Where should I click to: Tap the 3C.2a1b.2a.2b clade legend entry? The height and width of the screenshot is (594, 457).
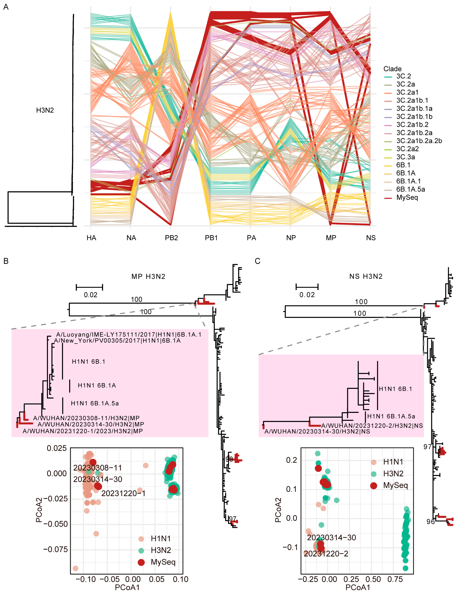[419, 141]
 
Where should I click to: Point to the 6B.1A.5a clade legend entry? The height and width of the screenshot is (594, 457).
[410, 189]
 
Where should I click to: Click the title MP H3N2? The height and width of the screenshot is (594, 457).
[148, 277]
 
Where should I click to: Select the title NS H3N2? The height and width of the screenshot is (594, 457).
[366, 277]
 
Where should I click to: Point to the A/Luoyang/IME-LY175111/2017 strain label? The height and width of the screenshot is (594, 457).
[129, 335]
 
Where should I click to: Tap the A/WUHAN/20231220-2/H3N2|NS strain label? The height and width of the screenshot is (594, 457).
[372, 426]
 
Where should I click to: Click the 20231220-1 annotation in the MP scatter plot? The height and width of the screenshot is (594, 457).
[123, 493]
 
